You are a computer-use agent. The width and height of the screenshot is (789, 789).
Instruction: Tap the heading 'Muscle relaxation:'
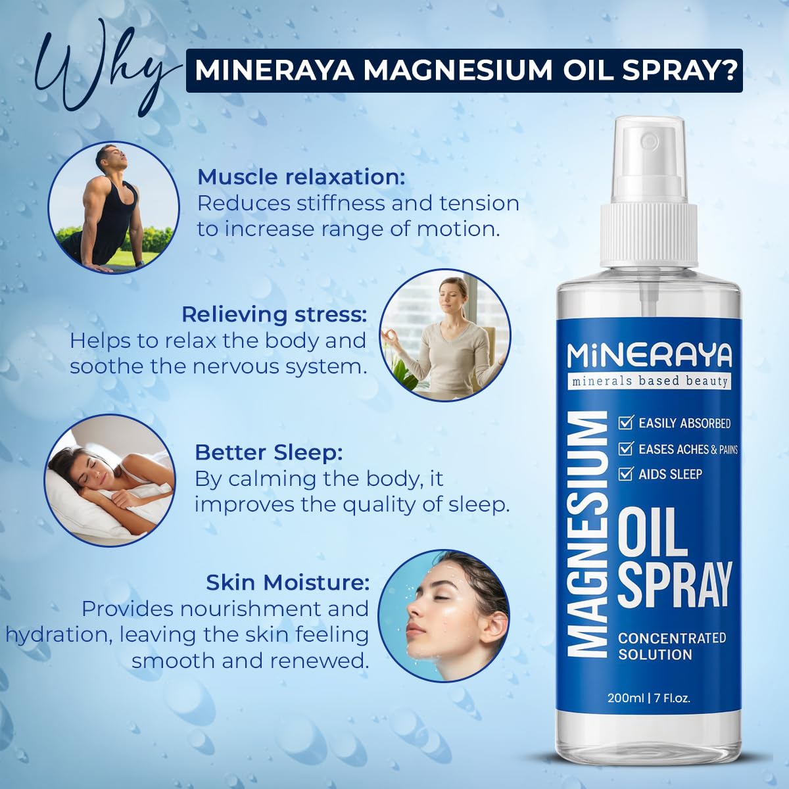point(301,177)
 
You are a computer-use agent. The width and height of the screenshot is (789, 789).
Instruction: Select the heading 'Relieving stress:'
point(274,314)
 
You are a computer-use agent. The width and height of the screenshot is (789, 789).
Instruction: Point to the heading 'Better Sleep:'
point(269,452)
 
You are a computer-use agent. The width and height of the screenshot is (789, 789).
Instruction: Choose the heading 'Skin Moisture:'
point(287,583)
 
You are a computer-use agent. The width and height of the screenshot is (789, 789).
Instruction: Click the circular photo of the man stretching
point(114,206)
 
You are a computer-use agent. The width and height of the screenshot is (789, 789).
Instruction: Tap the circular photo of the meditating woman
point(445,336)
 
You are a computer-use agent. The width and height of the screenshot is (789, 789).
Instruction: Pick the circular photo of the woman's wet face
point(444,617)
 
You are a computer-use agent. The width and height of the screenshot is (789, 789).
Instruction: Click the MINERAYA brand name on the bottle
point(649,356)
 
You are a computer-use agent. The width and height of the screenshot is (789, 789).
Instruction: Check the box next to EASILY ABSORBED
point(625,423)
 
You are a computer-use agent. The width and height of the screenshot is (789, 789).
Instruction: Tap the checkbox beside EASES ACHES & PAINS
point(625,448)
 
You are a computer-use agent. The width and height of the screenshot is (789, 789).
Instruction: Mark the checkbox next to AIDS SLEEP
point(625,473)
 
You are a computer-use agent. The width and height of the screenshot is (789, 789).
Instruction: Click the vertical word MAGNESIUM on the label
point(587,534)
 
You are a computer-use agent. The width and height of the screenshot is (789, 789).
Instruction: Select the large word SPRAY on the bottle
point(675,585)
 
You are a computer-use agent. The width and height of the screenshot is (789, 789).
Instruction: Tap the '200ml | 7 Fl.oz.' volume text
point(649,698)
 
